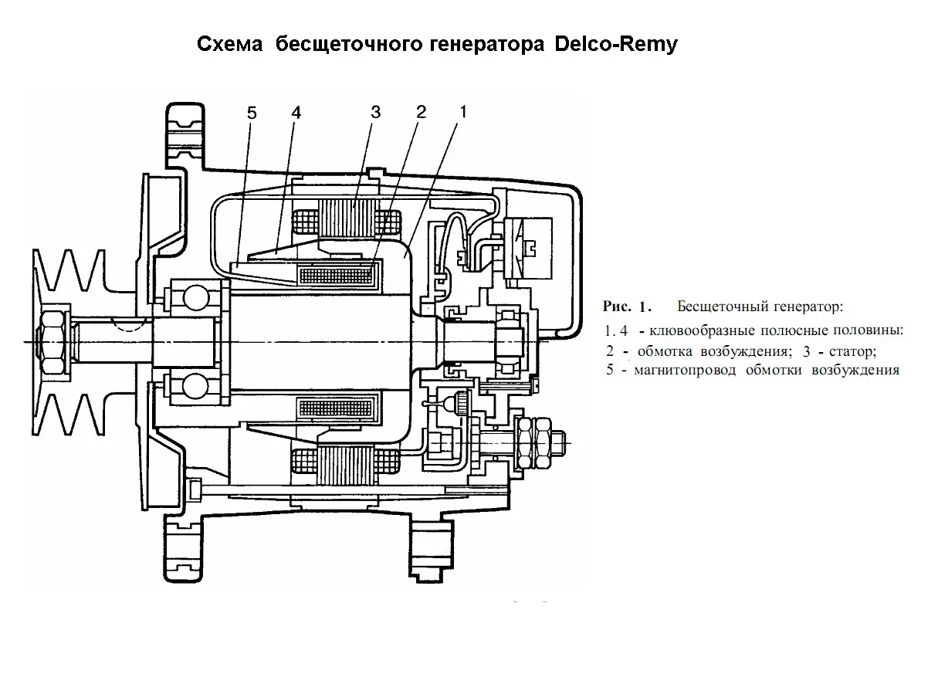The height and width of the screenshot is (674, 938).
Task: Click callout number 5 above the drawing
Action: (252, 113)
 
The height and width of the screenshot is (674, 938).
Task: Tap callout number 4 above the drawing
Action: (296, 113)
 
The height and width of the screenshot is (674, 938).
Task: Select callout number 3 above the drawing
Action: (375, 113)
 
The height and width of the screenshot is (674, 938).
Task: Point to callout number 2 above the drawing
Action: (421, 113)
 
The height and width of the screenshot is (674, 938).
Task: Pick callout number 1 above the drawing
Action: (462, 113)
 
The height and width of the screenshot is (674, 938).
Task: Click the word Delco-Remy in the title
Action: (615, 44)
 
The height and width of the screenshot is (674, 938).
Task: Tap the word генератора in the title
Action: (478, 44)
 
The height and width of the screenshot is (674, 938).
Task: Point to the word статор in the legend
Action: (850, 351)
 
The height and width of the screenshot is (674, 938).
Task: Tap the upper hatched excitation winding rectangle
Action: (337, 273)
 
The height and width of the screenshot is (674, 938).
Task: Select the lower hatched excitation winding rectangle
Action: (337, 407)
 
